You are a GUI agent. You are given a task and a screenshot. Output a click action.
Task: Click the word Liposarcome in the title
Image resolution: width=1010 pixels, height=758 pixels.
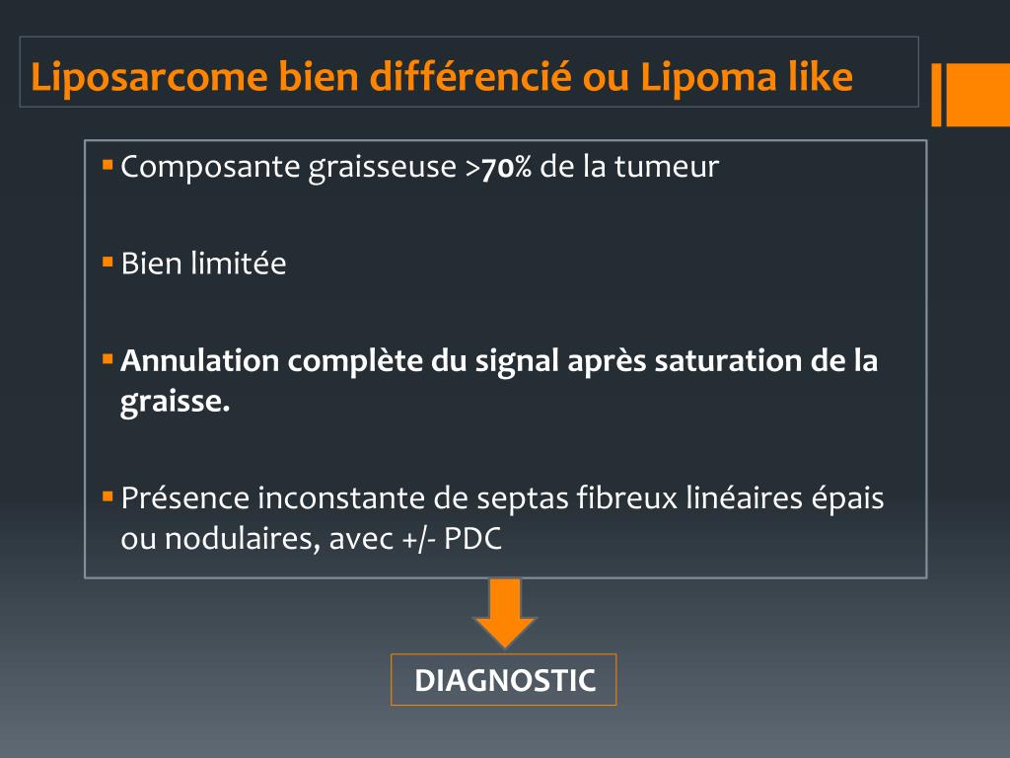click(150, 77)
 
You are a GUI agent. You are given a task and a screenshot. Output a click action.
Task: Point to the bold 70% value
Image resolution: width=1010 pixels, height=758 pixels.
click(506, 168)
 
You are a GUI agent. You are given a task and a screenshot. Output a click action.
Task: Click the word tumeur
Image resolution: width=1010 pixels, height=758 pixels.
click(667, 166)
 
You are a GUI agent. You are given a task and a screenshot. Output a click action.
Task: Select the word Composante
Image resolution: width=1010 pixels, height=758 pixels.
click(211, 168)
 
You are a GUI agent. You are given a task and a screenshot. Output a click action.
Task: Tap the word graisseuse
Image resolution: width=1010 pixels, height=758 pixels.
click(383, 168)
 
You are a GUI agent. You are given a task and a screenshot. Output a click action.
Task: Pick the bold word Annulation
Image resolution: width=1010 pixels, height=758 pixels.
click(200, 360)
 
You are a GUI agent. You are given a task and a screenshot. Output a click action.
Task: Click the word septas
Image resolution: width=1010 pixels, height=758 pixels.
click(523, 499)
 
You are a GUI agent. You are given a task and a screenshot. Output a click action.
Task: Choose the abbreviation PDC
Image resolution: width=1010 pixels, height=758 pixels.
click(472, 539)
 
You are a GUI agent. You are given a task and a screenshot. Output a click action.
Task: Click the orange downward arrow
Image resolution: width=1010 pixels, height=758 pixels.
click(505, 612)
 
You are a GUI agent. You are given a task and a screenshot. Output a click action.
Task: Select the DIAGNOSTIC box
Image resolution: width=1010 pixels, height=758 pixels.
click(504, 680)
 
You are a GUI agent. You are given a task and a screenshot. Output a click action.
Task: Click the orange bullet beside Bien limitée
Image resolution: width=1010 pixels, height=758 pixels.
click(108, 262)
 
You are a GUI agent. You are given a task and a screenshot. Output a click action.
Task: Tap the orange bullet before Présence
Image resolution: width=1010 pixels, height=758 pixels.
click(108, 496)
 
